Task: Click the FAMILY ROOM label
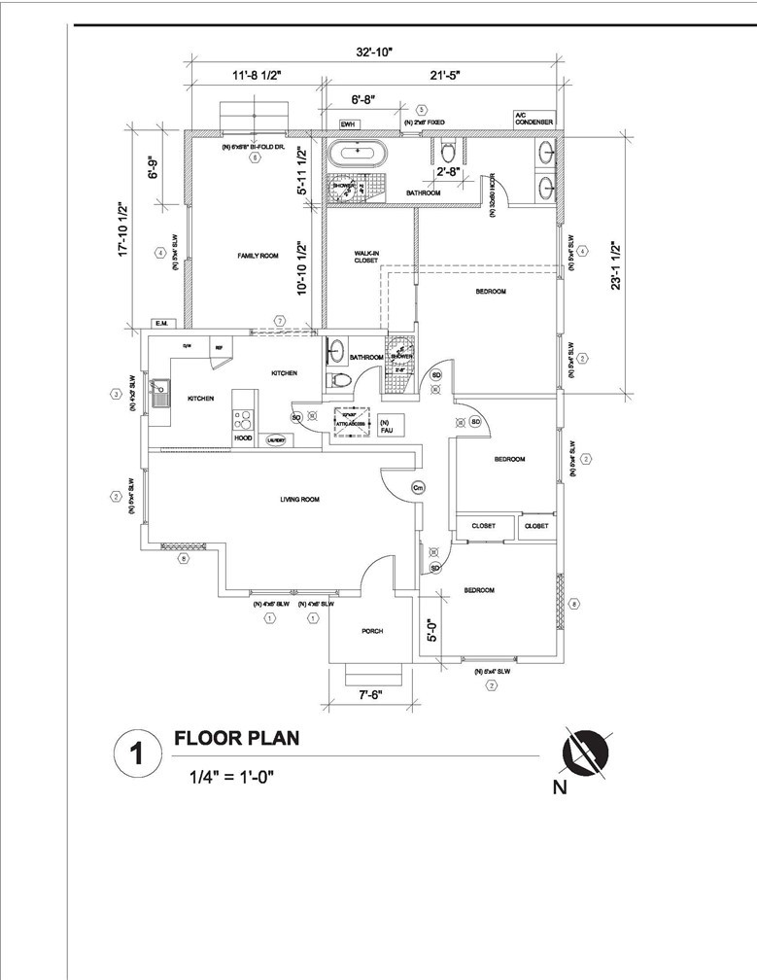tap(258, 256)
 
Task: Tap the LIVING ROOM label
tap(299, 500)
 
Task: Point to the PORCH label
tap(372, 631)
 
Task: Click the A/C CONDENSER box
tap(533, 119)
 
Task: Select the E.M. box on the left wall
tap(160, 323)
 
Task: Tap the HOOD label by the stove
tap(243, 438)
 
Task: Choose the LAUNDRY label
tap(275, 439)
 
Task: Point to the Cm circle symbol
tap(419, 487)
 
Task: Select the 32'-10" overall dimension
tap(373, 52)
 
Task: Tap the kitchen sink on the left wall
tap(158, 395)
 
